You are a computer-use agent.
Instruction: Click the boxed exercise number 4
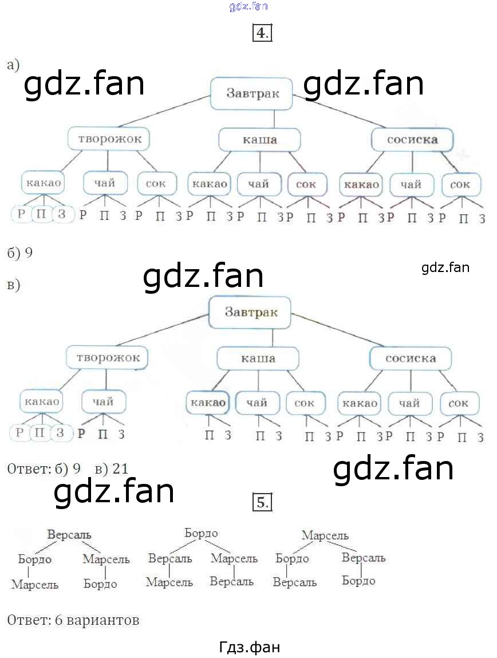pos(261,33)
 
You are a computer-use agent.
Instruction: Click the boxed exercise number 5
pos(261,503)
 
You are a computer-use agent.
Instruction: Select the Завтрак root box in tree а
pos(253,93)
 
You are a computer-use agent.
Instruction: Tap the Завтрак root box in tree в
pos(251,312)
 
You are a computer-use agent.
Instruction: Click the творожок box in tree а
pos(109,139)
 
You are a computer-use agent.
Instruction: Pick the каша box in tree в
pos(258,358)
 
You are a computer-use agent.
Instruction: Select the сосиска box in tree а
pos(412,139)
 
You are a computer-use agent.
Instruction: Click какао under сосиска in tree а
pos(361,184)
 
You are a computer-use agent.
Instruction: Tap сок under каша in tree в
pos(305,403)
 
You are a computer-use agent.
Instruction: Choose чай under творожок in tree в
pos(102,401)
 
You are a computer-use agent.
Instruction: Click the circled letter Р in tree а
pos(22,215)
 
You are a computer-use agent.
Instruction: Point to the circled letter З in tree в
pos(60,432)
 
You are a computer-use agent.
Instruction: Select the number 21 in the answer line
pos(120,469)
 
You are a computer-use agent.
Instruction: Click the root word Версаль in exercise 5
pos(69,534)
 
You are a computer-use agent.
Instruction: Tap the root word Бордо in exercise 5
pos(201,533)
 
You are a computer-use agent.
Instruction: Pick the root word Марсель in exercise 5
pos(325,535)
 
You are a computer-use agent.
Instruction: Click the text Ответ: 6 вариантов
pos(73,620)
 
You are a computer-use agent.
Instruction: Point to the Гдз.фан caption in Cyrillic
pos(250,647)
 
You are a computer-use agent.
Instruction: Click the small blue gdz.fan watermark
pos(248,7)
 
